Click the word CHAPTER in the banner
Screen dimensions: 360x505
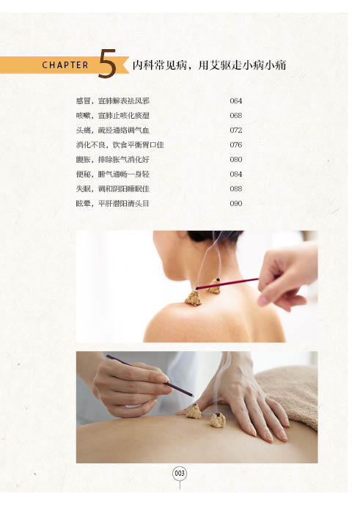point(65,65)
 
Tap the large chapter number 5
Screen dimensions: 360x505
point(107,63)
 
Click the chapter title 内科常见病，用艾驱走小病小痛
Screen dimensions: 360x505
point(209,65)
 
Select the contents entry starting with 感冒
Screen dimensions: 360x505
point(112,101)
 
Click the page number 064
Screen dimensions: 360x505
point(236,101)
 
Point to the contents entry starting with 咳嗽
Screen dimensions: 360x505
point(112,115)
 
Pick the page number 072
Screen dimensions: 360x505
point(236,130)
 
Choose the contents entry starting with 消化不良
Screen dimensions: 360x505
point(120,145)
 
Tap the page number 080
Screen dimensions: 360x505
point(236,160)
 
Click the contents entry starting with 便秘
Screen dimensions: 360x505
point(112,174)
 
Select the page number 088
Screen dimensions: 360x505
point(236,188)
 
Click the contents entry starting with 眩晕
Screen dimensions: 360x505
point(112,204)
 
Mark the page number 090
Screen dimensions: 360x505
point(236,204)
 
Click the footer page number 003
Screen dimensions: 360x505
point(180,473)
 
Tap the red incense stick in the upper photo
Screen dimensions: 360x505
point(227,284)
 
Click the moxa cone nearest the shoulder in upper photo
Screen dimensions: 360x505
point(194,298)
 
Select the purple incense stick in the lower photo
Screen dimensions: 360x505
point(150,375)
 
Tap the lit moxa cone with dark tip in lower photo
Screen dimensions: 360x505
point(218,420)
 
